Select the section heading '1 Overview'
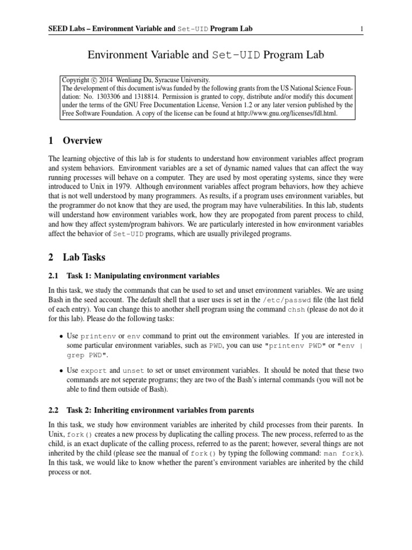click(75, 141)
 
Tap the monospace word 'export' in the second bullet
click(92, 370)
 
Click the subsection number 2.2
click(53, 410)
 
